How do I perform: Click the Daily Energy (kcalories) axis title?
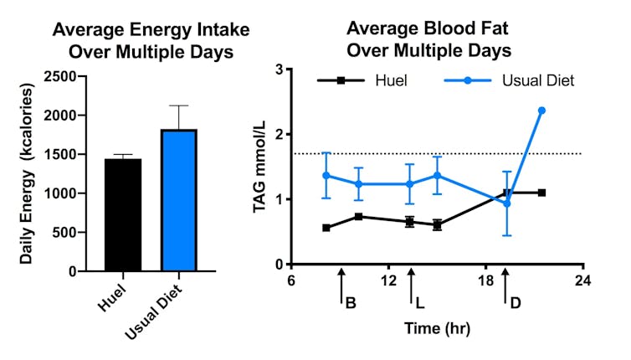27,173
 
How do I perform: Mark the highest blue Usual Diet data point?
542,111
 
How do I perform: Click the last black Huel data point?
542,193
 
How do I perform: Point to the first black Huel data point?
326,228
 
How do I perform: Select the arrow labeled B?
341,293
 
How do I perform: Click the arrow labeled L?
410,293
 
